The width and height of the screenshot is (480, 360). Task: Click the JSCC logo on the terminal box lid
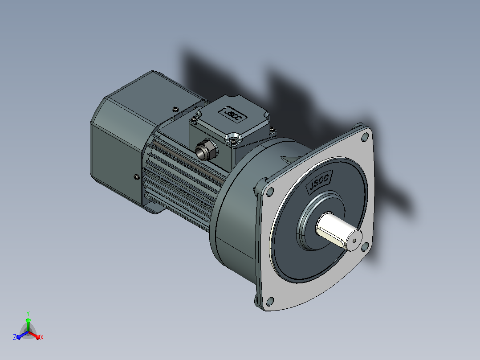pos(232,114)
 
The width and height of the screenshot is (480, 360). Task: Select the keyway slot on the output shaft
pos(332,238)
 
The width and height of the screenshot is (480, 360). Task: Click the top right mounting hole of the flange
pos(365,137)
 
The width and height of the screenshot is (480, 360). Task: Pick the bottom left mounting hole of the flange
pos(270,301)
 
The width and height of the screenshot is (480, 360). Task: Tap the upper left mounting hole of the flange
pos(270,192)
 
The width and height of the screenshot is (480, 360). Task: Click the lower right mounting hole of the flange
pos(365,246)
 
